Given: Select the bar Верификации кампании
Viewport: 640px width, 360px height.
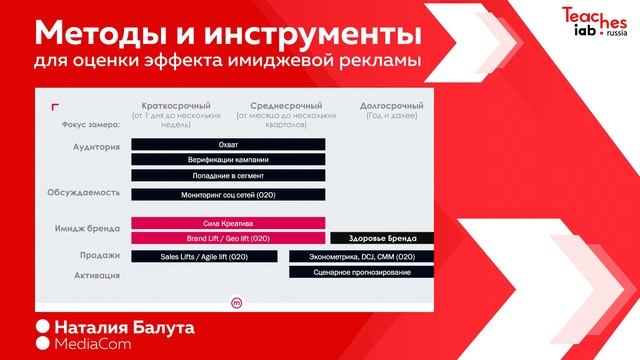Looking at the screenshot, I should point(228,160).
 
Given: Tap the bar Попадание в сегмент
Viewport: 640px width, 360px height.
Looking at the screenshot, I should point(228,175).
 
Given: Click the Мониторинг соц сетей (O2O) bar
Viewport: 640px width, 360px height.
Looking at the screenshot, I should point(228,194).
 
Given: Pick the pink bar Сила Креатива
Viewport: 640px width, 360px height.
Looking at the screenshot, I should point(228,223).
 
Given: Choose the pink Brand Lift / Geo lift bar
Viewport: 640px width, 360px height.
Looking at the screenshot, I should point(228,238).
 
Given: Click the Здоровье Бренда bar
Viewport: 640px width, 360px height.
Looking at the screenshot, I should point(381,238).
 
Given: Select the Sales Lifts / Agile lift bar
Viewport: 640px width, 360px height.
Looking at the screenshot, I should point(204,257).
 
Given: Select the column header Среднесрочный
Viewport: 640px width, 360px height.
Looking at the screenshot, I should point(286,105).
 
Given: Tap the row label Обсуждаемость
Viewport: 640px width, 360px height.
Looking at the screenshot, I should point(83,191).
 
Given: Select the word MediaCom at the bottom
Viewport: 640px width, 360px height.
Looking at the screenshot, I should point(98,344).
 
